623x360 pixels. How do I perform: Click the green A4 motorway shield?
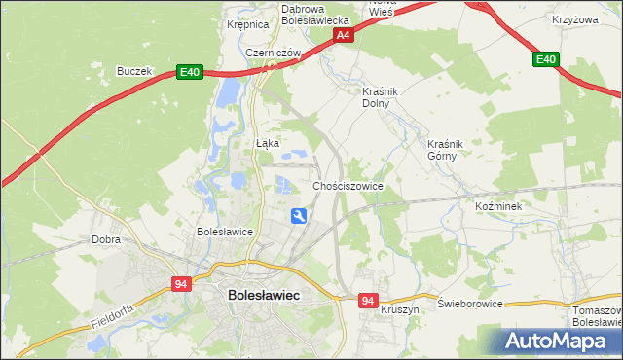click(343, 35)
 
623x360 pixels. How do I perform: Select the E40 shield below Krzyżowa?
click(545, 60)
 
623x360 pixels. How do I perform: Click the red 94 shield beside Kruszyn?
click(367, 302)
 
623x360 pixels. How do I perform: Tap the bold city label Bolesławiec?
click(263, 294)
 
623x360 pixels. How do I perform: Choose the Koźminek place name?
click(499, 207)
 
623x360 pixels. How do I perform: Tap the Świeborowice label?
click(470, 304)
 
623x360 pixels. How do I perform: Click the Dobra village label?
click(105, 238)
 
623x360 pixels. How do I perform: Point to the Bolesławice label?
click(225, 233)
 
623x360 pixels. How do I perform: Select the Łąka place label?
click(267, 143)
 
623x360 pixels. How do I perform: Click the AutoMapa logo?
click(560, 342)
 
